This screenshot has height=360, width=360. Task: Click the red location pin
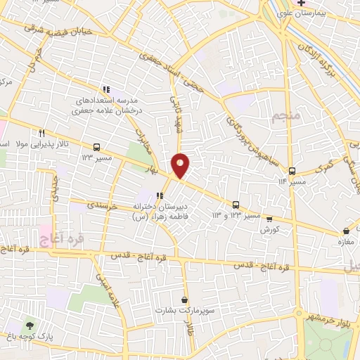click(x=181, y=166)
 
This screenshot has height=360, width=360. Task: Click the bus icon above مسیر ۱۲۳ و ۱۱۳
click(x=236, y=205)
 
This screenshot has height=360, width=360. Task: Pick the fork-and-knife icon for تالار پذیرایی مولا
click(x=42, y=133)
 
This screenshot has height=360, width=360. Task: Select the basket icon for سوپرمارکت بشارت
click(x=184, y=300)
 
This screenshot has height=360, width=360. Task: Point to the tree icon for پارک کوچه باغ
click(x=30, y=325)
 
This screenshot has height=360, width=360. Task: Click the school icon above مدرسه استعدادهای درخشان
click(x=105, y=89)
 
